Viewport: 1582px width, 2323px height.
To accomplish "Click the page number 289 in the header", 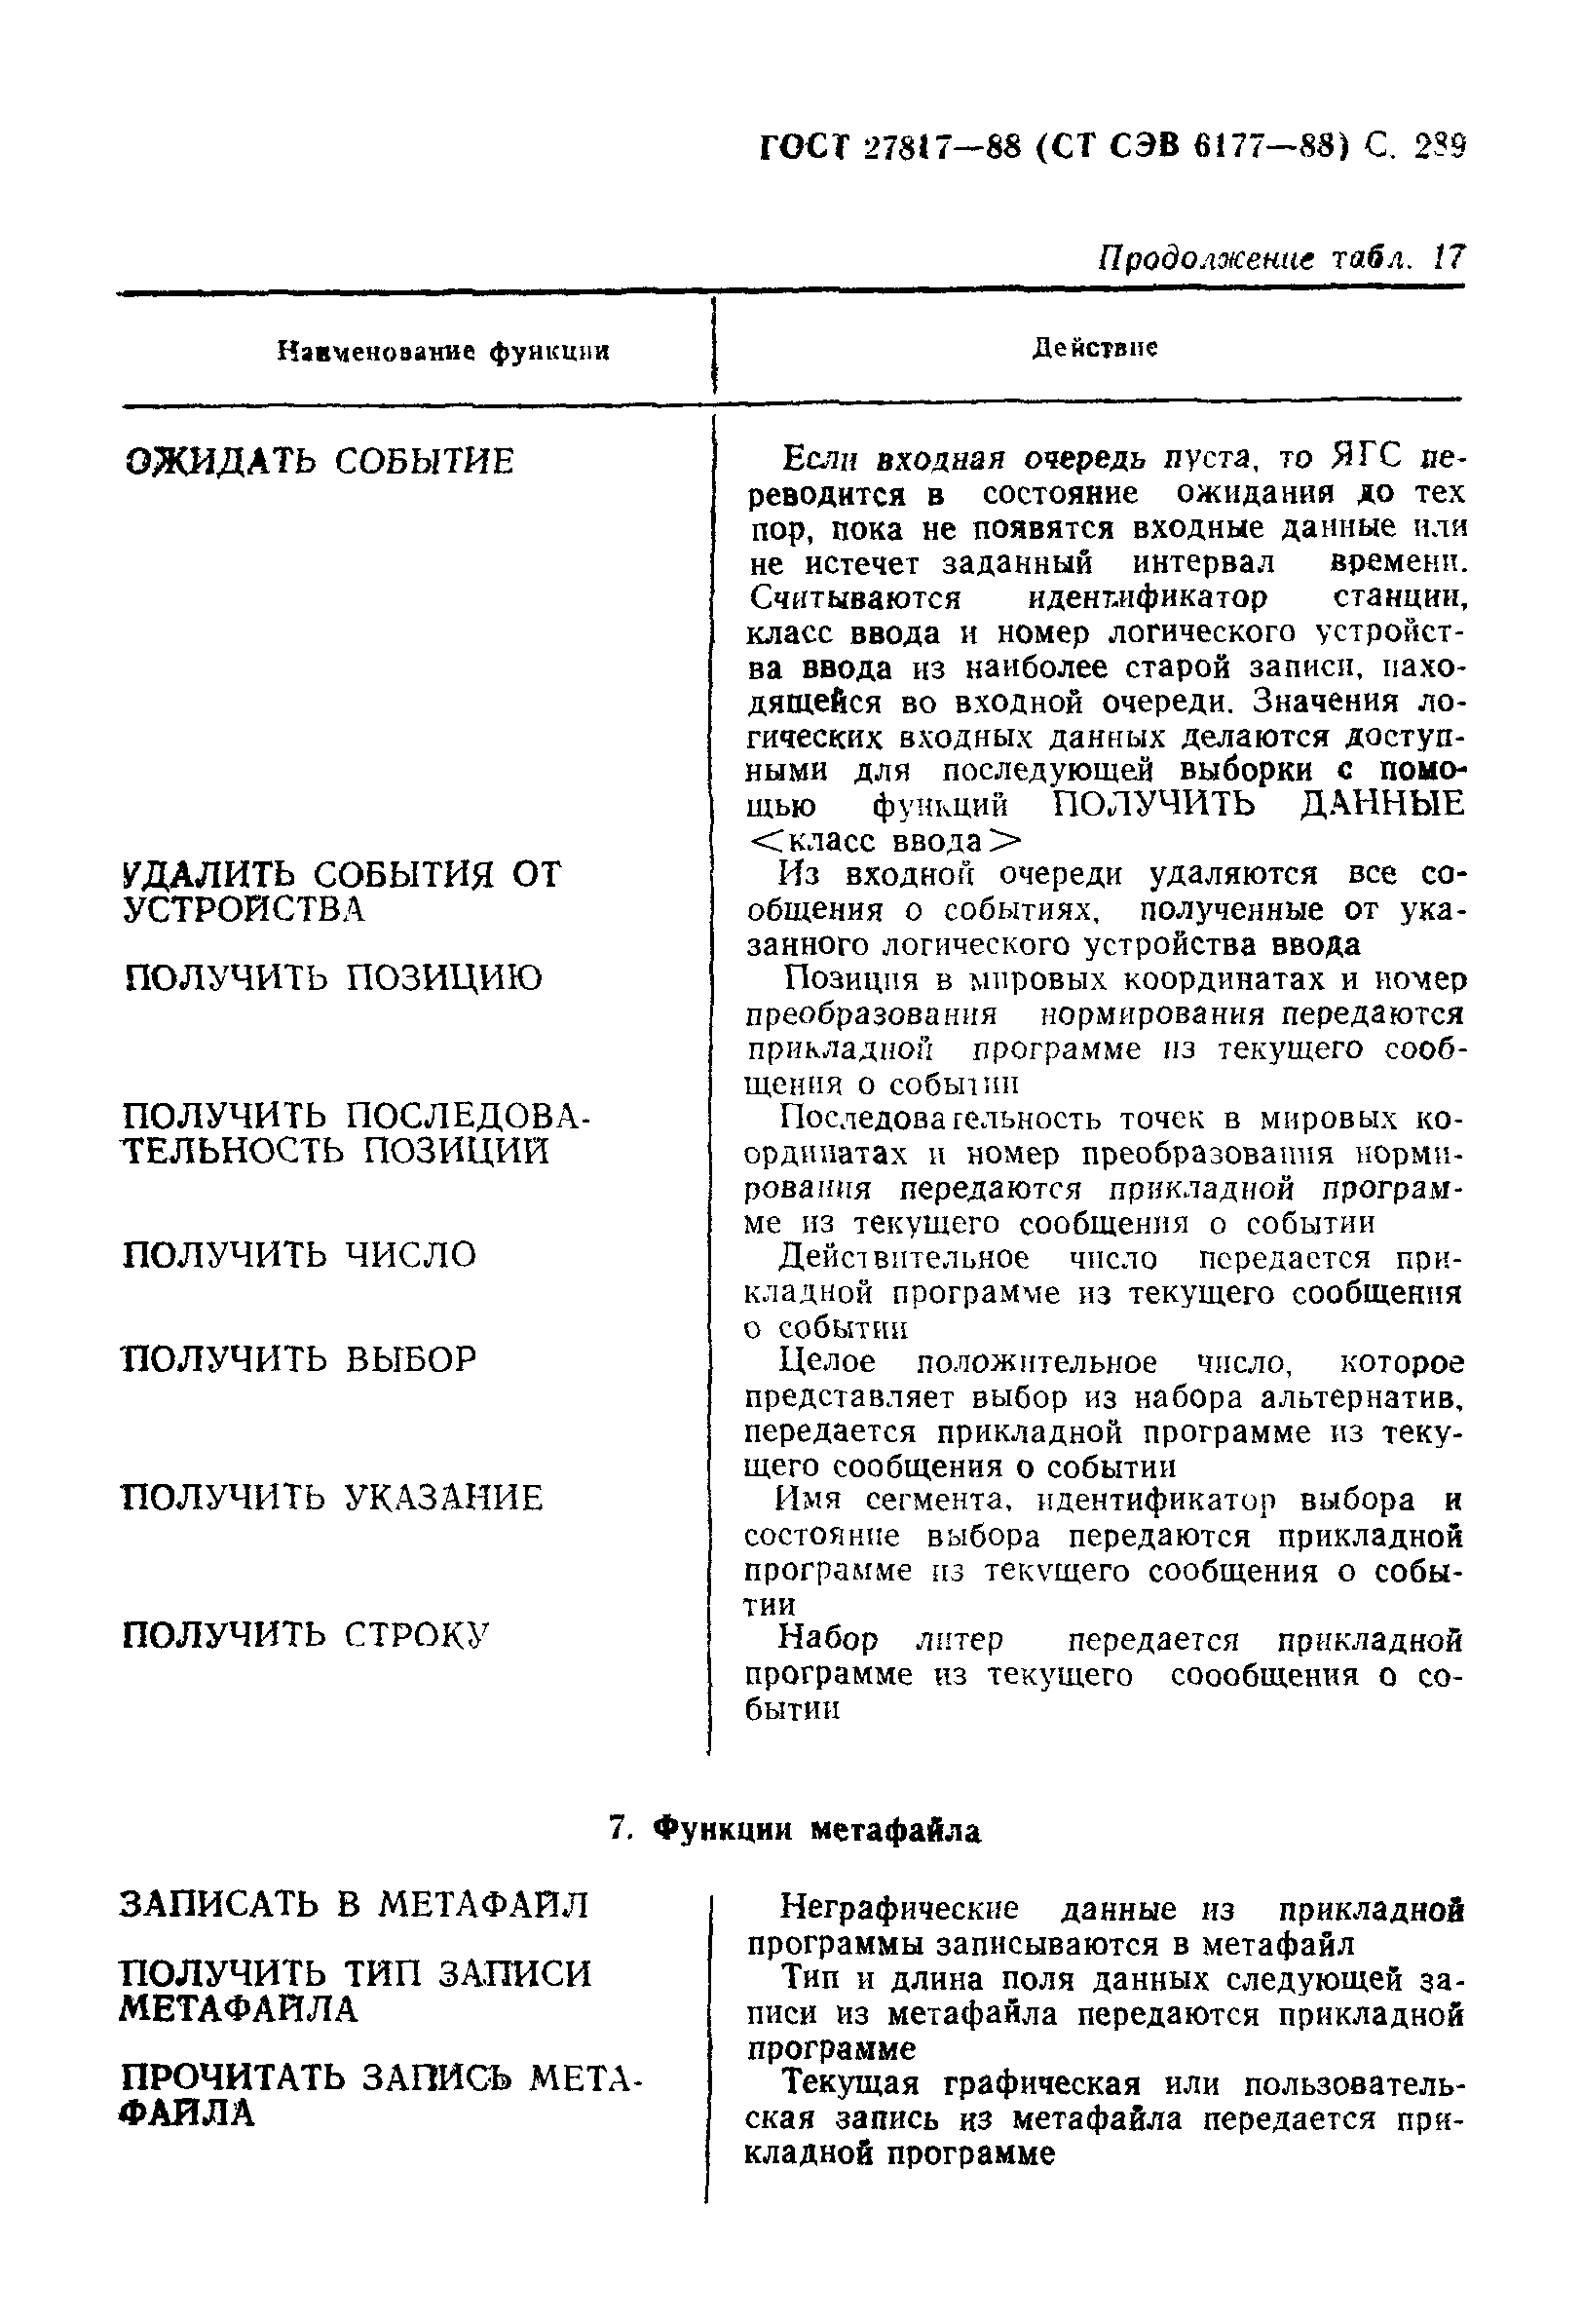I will (x=1438, y=149).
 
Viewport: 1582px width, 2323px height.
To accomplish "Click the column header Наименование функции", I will (x=442, y=352).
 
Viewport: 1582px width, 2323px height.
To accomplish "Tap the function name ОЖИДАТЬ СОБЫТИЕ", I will (x=320, y=461).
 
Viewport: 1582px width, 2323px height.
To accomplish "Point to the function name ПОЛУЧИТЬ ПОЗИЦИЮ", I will (x=333, y=976).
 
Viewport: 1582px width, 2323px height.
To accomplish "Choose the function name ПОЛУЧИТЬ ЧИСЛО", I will (x=300, y=1253).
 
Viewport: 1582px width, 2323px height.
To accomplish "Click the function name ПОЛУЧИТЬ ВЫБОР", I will (x=300, y=1358).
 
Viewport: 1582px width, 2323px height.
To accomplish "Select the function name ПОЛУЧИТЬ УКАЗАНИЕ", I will (x=333, y=1498).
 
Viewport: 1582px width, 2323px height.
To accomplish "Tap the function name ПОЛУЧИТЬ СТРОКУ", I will (x=306, y=1635).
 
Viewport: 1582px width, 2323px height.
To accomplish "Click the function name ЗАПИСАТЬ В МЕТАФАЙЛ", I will (x=355, y=1904).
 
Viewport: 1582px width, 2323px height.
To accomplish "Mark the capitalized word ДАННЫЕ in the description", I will (x=1381, y=804).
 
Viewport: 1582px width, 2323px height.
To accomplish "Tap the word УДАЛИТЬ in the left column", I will (x=207, y=875).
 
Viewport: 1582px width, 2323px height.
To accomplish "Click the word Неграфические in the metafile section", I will (x=898, y=1908).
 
